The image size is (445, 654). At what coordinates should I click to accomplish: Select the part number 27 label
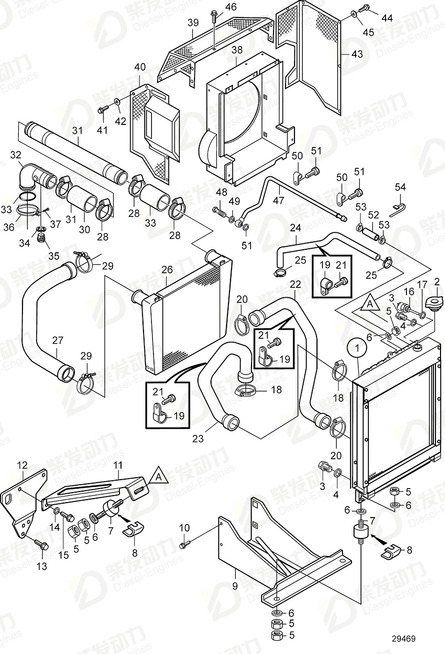[x=57, y=340]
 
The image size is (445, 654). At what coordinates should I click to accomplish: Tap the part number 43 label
[x=356, y=54]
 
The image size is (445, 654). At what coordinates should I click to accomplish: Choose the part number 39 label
[x=193, y=22]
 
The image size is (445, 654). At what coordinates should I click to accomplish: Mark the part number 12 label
[x=22, y=466]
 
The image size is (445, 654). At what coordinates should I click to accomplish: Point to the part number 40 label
[x=140, y=67]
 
